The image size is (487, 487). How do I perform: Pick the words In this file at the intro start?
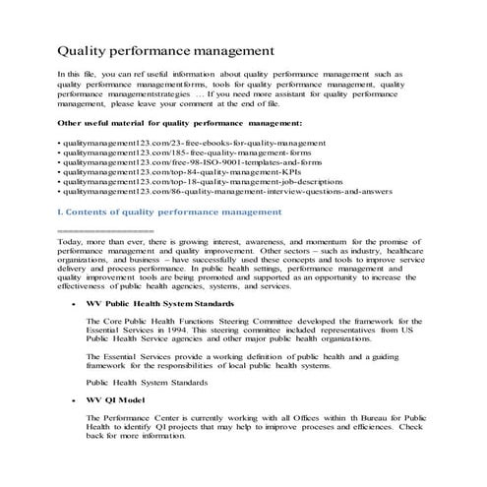click(78, 74)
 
